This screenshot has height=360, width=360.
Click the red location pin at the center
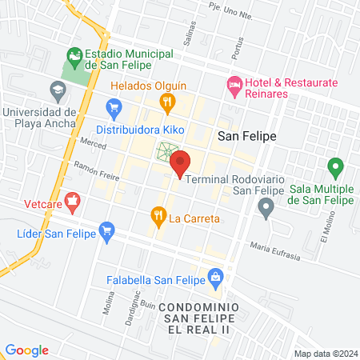point(181,162)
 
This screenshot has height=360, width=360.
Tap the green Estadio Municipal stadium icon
point(75,54)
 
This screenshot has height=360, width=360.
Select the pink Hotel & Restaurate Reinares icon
point(234,83)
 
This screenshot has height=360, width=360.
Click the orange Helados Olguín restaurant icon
point(167,101)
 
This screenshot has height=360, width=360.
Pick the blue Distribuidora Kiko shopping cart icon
point(113,106)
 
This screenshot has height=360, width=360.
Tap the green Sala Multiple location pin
point(335,168)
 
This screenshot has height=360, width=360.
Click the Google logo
point(27,350)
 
